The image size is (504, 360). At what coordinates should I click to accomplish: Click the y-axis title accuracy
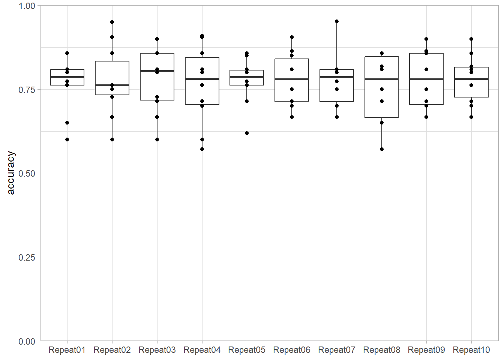point(10,173)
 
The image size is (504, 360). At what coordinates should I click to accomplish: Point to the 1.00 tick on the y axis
point(27,6)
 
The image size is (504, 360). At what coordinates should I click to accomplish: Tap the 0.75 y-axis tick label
point(27,90)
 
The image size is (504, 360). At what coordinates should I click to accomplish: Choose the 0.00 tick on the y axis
point(27,342)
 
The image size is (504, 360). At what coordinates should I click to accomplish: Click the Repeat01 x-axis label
point(67,350)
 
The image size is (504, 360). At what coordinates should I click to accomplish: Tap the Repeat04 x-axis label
point(202,350)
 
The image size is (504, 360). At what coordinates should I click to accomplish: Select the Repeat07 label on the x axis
point(337,350)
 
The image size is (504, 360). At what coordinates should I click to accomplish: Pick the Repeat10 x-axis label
point(471,350)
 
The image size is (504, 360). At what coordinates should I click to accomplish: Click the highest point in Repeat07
point(337,21)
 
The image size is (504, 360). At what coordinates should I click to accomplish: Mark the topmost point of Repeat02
point(112,22)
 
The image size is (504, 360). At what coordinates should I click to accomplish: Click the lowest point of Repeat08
point(382,149)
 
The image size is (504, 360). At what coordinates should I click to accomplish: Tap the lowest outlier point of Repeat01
point(67,139)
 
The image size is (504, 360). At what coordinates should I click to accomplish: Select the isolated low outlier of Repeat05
point(247,133)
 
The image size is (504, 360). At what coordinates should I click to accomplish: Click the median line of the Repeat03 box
point(157,71)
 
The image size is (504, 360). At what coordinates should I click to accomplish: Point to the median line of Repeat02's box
point(112,85)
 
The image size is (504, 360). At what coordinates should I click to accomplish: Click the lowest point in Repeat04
point(202,149)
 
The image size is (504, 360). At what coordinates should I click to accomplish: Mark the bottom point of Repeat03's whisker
point(157,139)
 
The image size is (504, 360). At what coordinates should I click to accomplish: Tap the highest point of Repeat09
point(426,39)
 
